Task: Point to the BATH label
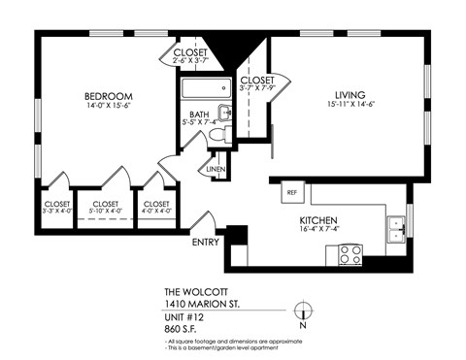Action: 198,115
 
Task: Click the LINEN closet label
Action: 216,170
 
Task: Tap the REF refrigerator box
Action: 291,192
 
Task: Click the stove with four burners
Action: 349,254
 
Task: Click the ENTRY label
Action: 206,241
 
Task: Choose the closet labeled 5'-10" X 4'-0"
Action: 104,207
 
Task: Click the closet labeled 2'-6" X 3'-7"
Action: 190,57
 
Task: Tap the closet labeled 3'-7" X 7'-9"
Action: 257,85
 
